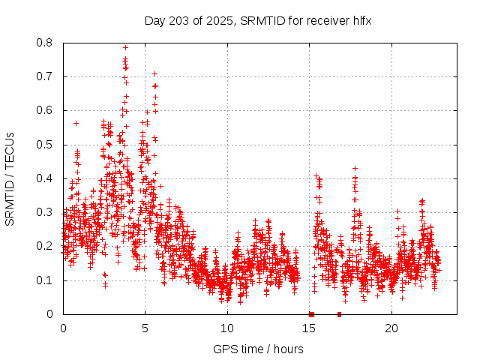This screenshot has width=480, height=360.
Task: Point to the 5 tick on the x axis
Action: coord(145,328)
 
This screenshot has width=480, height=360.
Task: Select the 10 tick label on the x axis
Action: coord(227,328)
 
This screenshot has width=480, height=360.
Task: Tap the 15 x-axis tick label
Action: coord(309,328)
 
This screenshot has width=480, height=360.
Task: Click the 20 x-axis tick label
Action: coord(391,328)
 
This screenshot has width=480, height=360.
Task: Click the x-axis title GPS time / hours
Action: coord(258,349)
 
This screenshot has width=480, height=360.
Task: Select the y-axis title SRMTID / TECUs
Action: coord(10,178)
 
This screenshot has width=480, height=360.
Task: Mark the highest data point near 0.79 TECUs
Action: coord(125,47)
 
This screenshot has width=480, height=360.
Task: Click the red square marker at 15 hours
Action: coord(311,314)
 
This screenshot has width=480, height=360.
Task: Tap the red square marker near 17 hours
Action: coord(339,314)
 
